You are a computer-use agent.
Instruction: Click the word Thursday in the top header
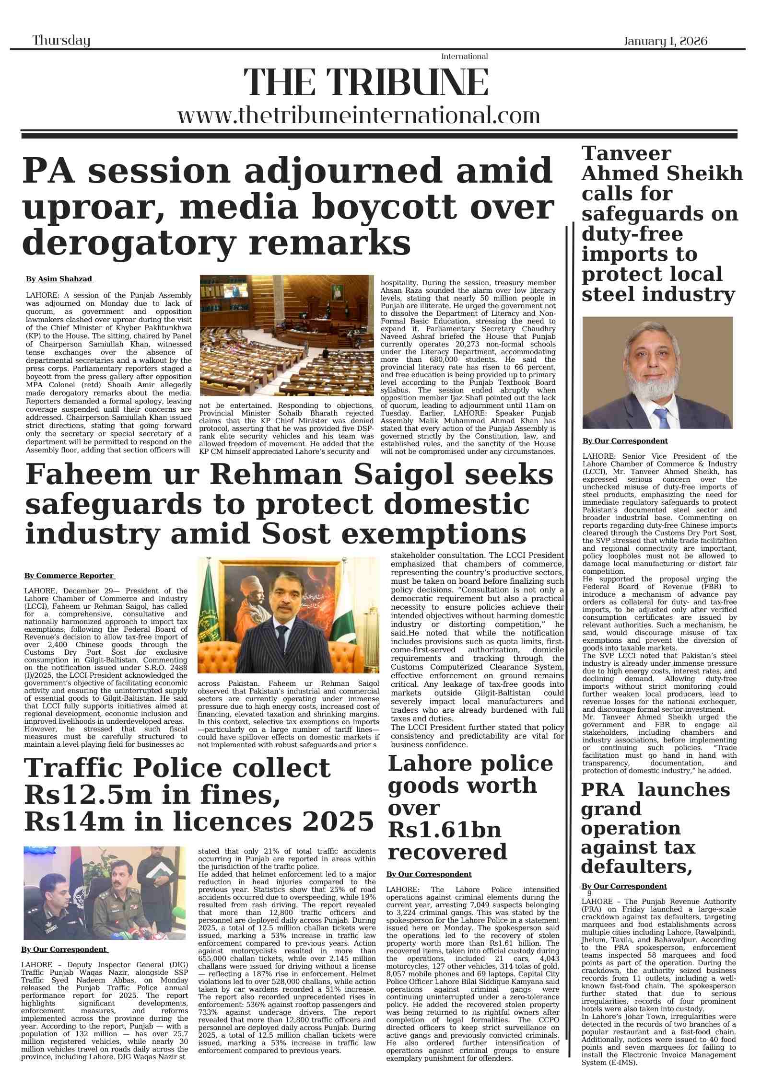coord(61,40)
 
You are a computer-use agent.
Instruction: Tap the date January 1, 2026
coord(665,41)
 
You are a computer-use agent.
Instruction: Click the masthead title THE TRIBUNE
coord(366,82)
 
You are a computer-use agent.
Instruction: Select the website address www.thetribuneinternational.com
coord(359,116)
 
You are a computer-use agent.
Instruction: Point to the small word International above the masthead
coord(464,57)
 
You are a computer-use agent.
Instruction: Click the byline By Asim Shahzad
coord(59,279)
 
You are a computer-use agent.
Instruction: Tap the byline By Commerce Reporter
coord(70,576)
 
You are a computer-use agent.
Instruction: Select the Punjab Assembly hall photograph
coord(286,335)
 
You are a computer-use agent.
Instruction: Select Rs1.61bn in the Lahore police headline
coord(444,830)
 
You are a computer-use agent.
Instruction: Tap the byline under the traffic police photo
coord(65,949)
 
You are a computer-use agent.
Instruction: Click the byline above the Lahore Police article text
coord(429,874)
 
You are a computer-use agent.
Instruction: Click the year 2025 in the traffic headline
coord(339,821)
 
